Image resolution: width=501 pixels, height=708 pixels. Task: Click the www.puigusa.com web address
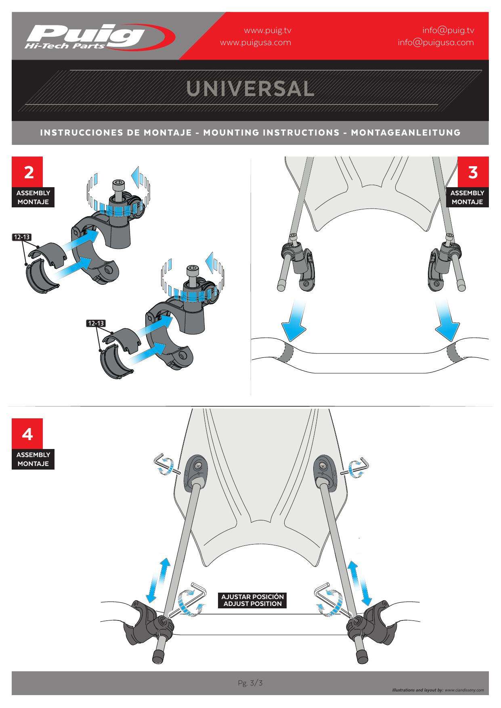pos(255,42)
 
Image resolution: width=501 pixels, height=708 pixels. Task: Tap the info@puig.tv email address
pos(448,30)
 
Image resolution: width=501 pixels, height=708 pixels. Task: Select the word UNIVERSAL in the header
pos(250,89)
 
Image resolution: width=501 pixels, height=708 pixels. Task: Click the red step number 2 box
pos(27,172)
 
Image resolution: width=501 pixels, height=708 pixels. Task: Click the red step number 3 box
pos(473,172)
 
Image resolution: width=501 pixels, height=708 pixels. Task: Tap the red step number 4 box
pos(27,434)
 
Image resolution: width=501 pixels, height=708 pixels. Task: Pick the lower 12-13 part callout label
pos(96,323)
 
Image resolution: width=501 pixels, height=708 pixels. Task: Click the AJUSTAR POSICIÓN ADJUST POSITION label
pos(252,600)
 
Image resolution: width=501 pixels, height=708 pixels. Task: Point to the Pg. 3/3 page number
pos(250,683)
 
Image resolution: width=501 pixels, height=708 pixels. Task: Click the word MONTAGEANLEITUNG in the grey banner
pos(406,132)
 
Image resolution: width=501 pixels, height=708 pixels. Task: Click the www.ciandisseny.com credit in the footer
pos(464,690)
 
